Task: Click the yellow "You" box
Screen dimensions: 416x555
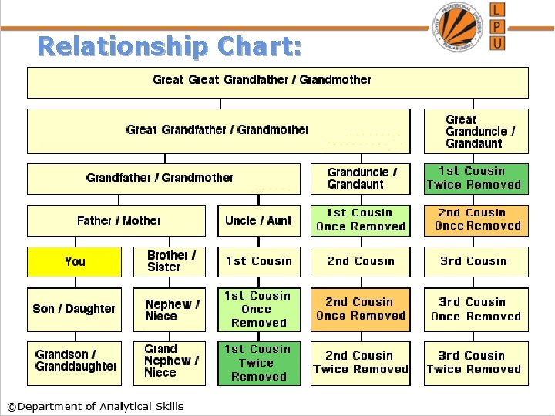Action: pyautogui.click(x=75, y=261)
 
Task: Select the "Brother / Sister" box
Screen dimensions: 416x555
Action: pyautogui.click(x=170, y=261)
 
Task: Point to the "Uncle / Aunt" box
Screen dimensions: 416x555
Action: pyautogui.click(x=258, y=220)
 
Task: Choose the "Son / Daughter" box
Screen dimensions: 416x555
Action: pyautogui.click(x=74, y=309)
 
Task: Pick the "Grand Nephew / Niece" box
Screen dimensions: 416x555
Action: pyautogui.click(x=170, y=361)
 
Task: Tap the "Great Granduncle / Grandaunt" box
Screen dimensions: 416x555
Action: pyautogui.click(x=476, y=131)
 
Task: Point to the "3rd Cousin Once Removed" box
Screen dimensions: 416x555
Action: pyautogui.click(x=476, y=309)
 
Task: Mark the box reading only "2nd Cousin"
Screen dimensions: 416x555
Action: pyautogui.click(x=361, y=261)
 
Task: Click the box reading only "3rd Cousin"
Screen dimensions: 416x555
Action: pyautogui.click(x=476, y=261)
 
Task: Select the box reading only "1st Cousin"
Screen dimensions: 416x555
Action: pyautogui.click(x=258, y=261)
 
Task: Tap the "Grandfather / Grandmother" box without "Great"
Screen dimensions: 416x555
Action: pyautogui.click(x=160, y=178)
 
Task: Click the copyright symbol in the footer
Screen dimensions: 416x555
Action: pyautogui.click(x=11, y=407)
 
